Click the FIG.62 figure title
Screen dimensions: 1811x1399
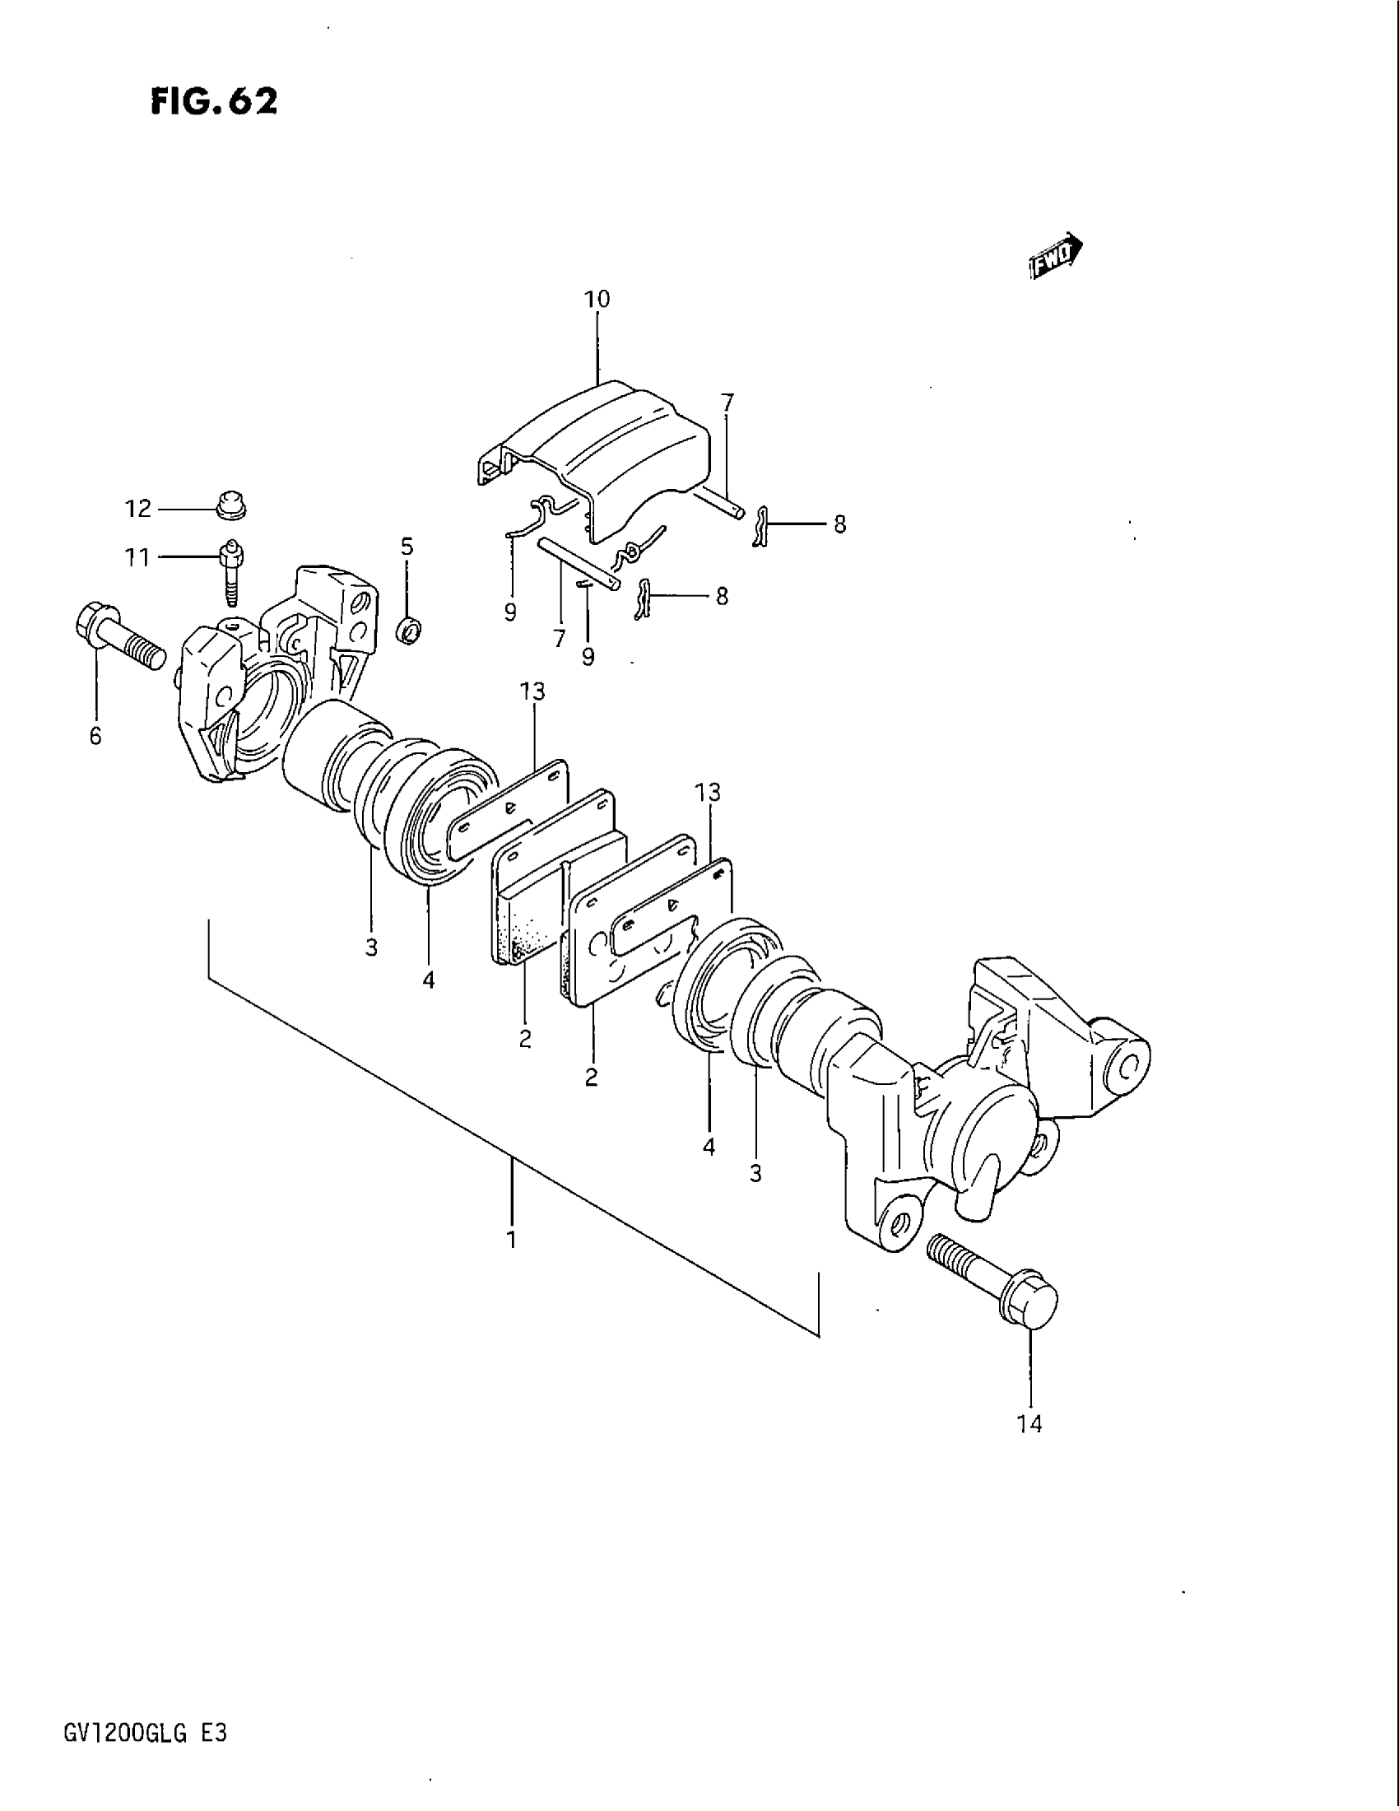click(x=214, y=101)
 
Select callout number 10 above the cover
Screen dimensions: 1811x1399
click(x=597, y=299)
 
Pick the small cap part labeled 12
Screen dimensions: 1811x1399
click(x=231, y=504)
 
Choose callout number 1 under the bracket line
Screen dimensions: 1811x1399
click(x=512, y=1262)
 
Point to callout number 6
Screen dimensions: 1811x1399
click(x=95, y=734)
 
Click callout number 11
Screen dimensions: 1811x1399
click(x=137, y=557)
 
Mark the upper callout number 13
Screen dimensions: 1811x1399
click(x=533, y=691)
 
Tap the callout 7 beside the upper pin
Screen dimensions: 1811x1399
click(x=727, y=403)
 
